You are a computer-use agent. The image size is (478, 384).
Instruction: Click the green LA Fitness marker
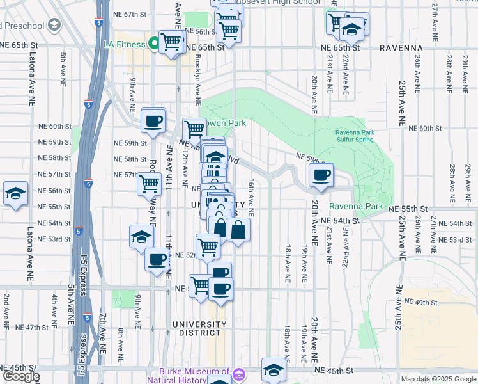coord(153,44)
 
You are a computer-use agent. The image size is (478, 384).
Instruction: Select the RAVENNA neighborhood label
coord(401,48)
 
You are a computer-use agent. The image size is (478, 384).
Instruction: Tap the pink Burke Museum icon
coord(238,374)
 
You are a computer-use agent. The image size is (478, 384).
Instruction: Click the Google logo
coord(20,377)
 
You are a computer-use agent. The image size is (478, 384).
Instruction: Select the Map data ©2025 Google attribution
coord(438,379)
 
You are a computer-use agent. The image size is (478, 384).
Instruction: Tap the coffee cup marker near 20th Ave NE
coord(321,174)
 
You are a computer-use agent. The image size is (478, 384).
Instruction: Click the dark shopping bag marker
coord(238,229)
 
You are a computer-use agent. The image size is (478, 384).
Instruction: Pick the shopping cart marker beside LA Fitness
coord(171,42)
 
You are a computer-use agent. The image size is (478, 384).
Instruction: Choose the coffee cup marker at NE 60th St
coord(153,120)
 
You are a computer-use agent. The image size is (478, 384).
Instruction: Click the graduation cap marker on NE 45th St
coord(274,370)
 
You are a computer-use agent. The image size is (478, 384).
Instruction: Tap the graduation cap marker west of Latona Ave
coord(15,193)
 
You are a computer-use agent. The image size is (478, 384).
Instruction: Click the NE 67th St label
coord(132,14)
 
